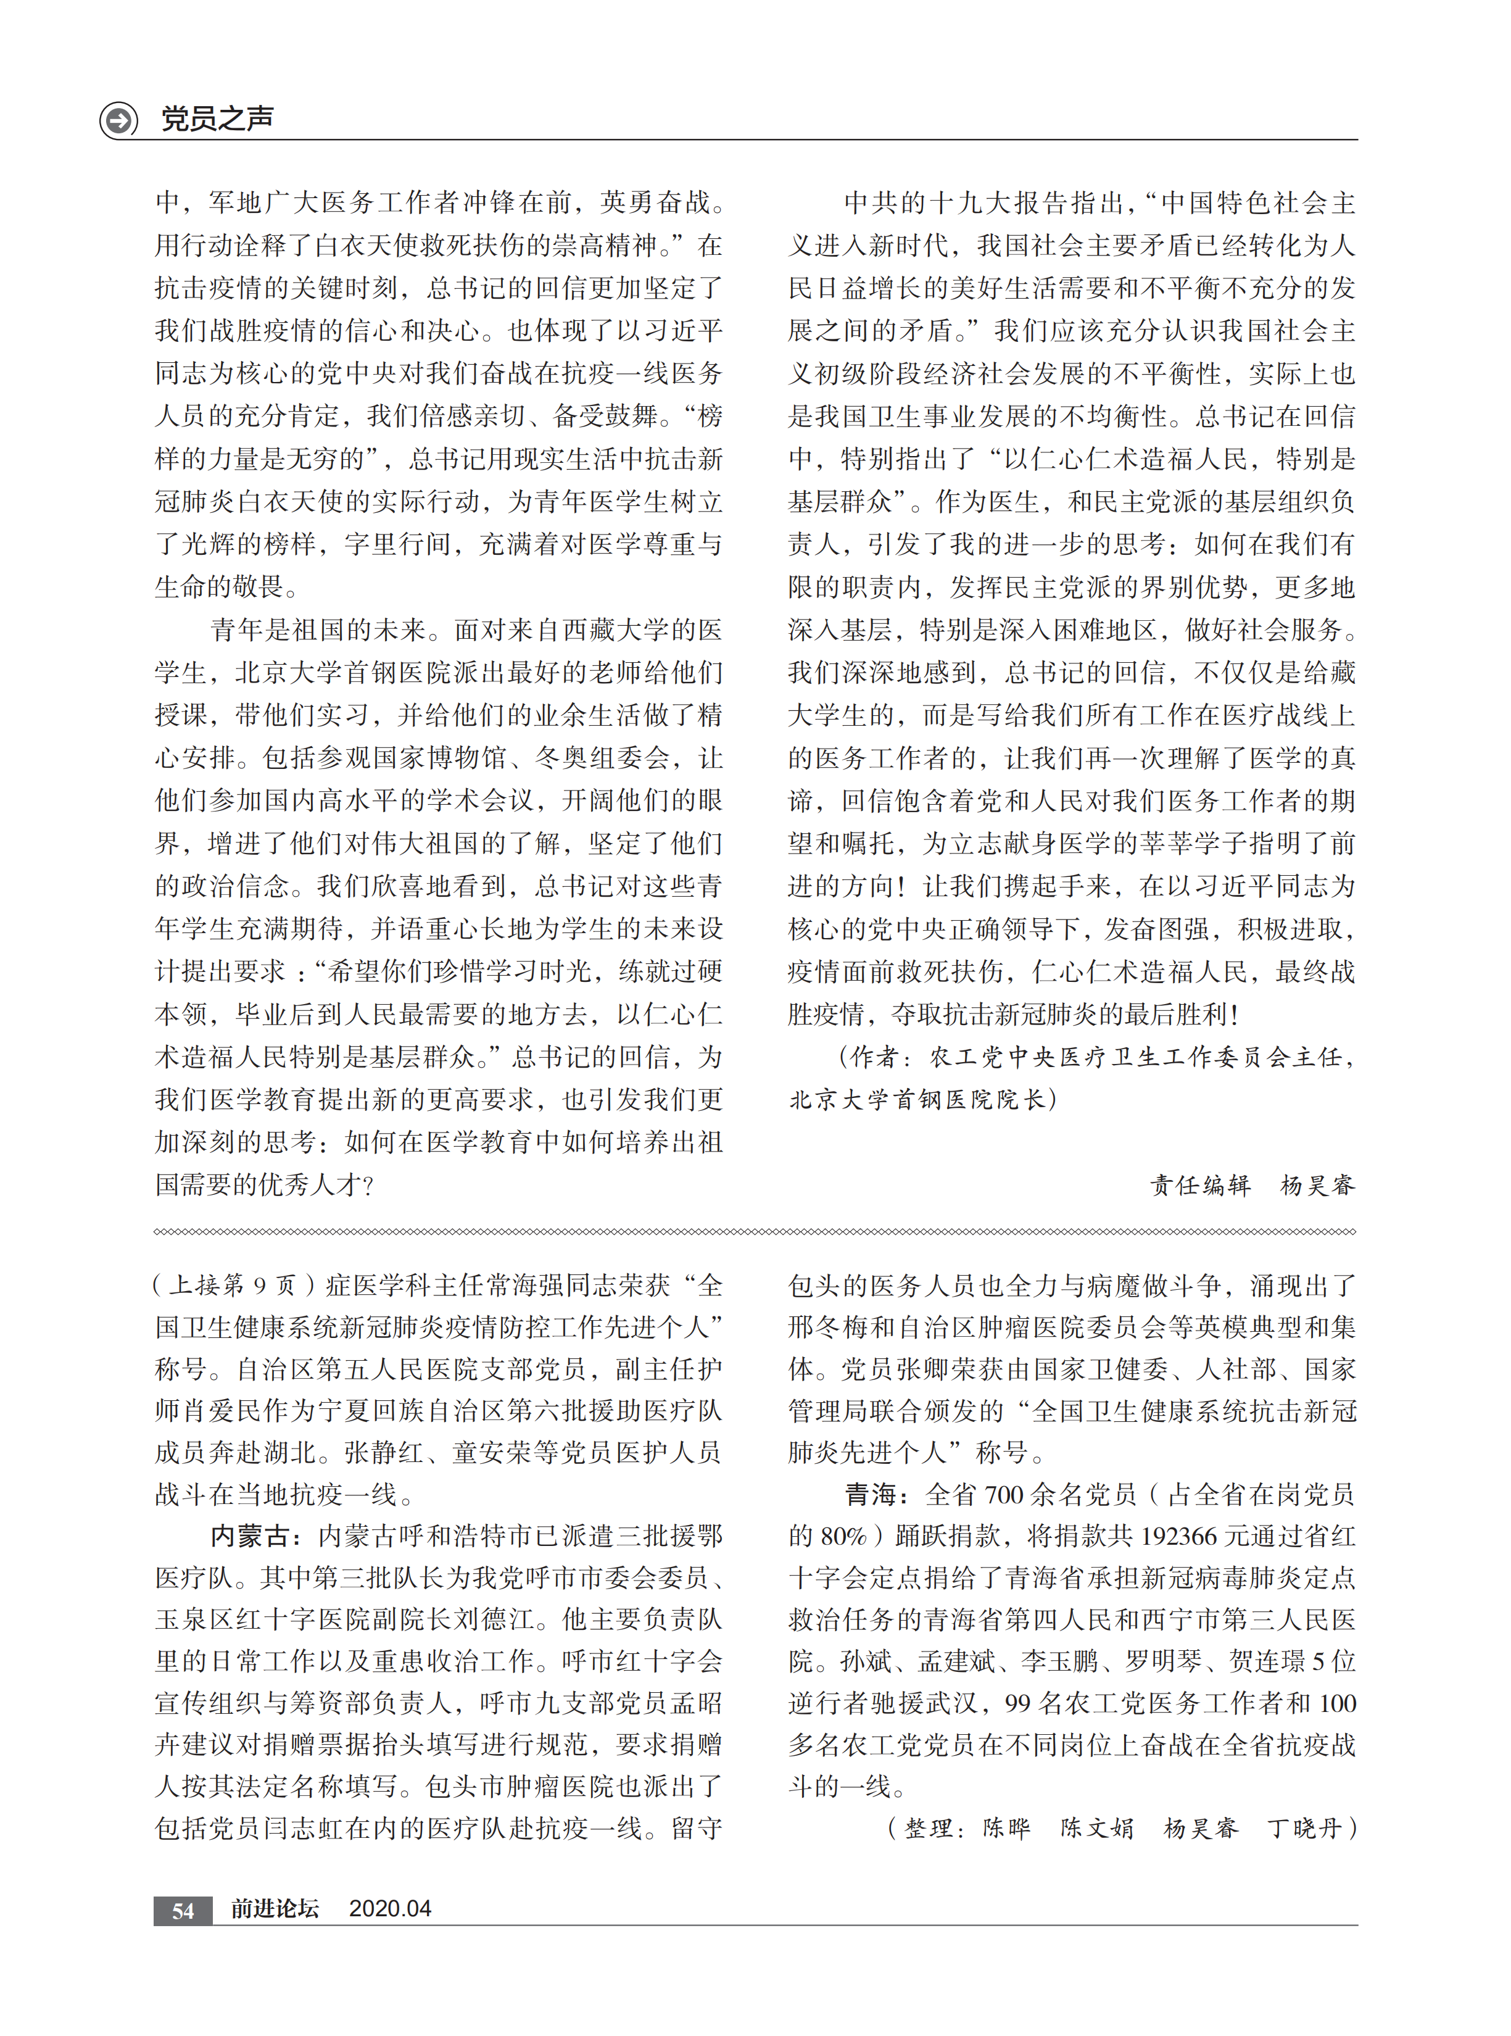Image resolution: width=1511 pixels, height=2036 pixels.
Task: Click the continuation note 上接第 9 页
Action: (x=233, y=1286)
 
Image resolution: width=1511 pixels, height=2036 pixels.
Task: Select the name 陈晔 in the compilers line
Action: (x=1006, y=1829)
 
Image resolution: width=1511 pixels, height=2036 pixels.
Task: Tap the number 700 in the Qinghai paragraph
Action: (x=1003, y=1495)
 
